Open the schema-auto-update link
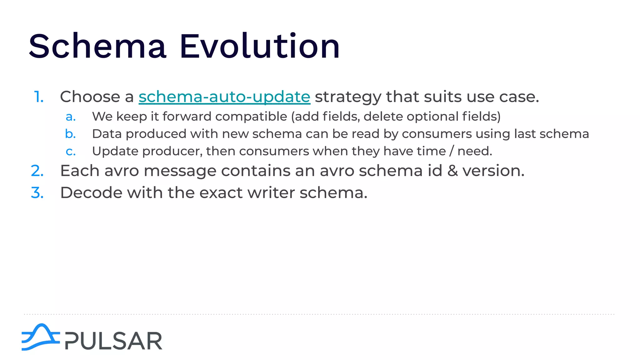click(224, 97)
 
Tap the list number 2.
click(37, 171)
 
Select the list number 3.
click(37, 193)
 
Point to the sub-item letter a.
click(71, 117)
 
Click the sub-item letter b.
click(71, 134)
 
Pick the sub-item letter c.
click(71, 152)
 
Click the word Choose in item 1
click(90, 97)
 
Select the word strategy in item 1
click(348, 97)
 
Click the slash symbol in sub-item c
click(452, 151)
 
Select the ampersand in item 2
click(452, 171)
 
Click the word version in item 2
click(493, 171)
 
